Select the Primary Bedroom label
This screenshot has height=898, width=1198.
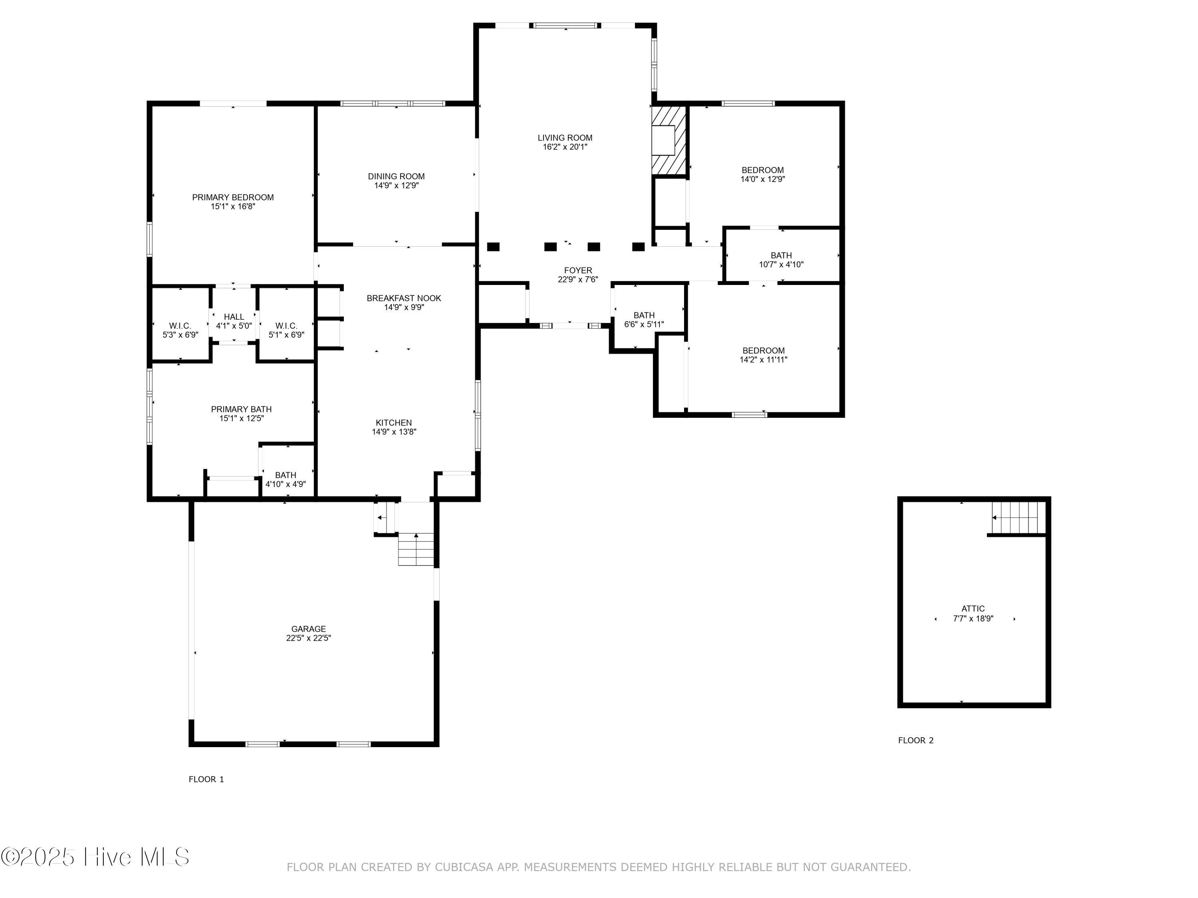point(233,198)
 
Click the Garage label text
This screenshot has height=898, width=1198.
point(308,629)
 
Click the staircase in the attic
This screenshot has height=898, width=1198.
point(1017,518)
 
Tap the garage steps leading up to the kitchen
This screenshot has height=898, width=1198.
point(416,550)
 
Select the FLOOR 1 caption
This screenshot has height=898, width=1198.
point(206,779)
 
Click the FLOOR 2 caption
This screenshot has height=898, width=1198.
point(915,740)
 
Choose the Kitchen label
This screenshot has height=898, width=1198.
point(394,423)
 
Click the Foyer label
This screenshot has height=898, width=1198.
point(578,271)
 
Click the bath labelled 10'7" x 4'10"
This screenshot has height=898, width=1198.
point(781,260)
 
